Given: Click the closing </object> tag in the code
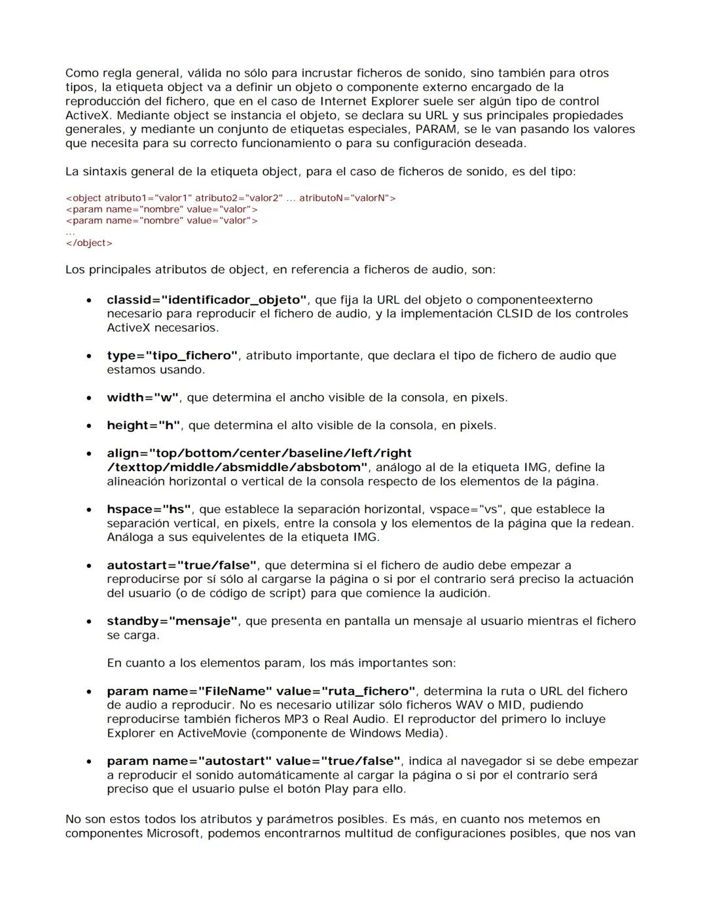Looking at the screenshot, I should tap(89, 243).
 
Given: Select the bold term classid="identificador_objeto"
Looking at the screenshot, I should tap(206, 300).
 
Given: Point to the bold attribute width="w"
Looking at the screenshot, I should tap(142, 397).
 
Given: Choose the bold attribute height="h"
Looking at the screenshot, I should tap(143, 425).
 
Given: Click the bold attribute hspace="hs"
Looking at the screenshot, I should tap(149, 509).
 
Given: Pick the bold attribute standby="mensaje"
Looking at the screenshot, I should tap(172, 621).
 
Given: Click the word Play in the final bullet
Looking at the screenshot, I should tap(336, 788).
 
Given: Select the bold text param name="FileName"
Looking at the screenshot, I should tap(189, 691).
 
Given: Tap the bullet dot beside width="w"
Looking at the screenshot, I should tap(88, 398).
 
